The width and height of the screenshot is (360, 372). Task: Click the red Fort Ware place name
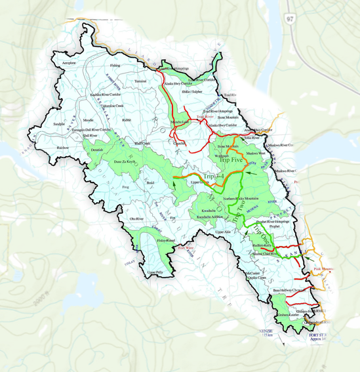[186, 248]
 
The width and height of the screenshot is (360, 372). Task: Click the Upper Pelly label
[154, 272]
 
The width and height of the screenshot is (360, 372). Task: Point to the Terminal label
[140, 81]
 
